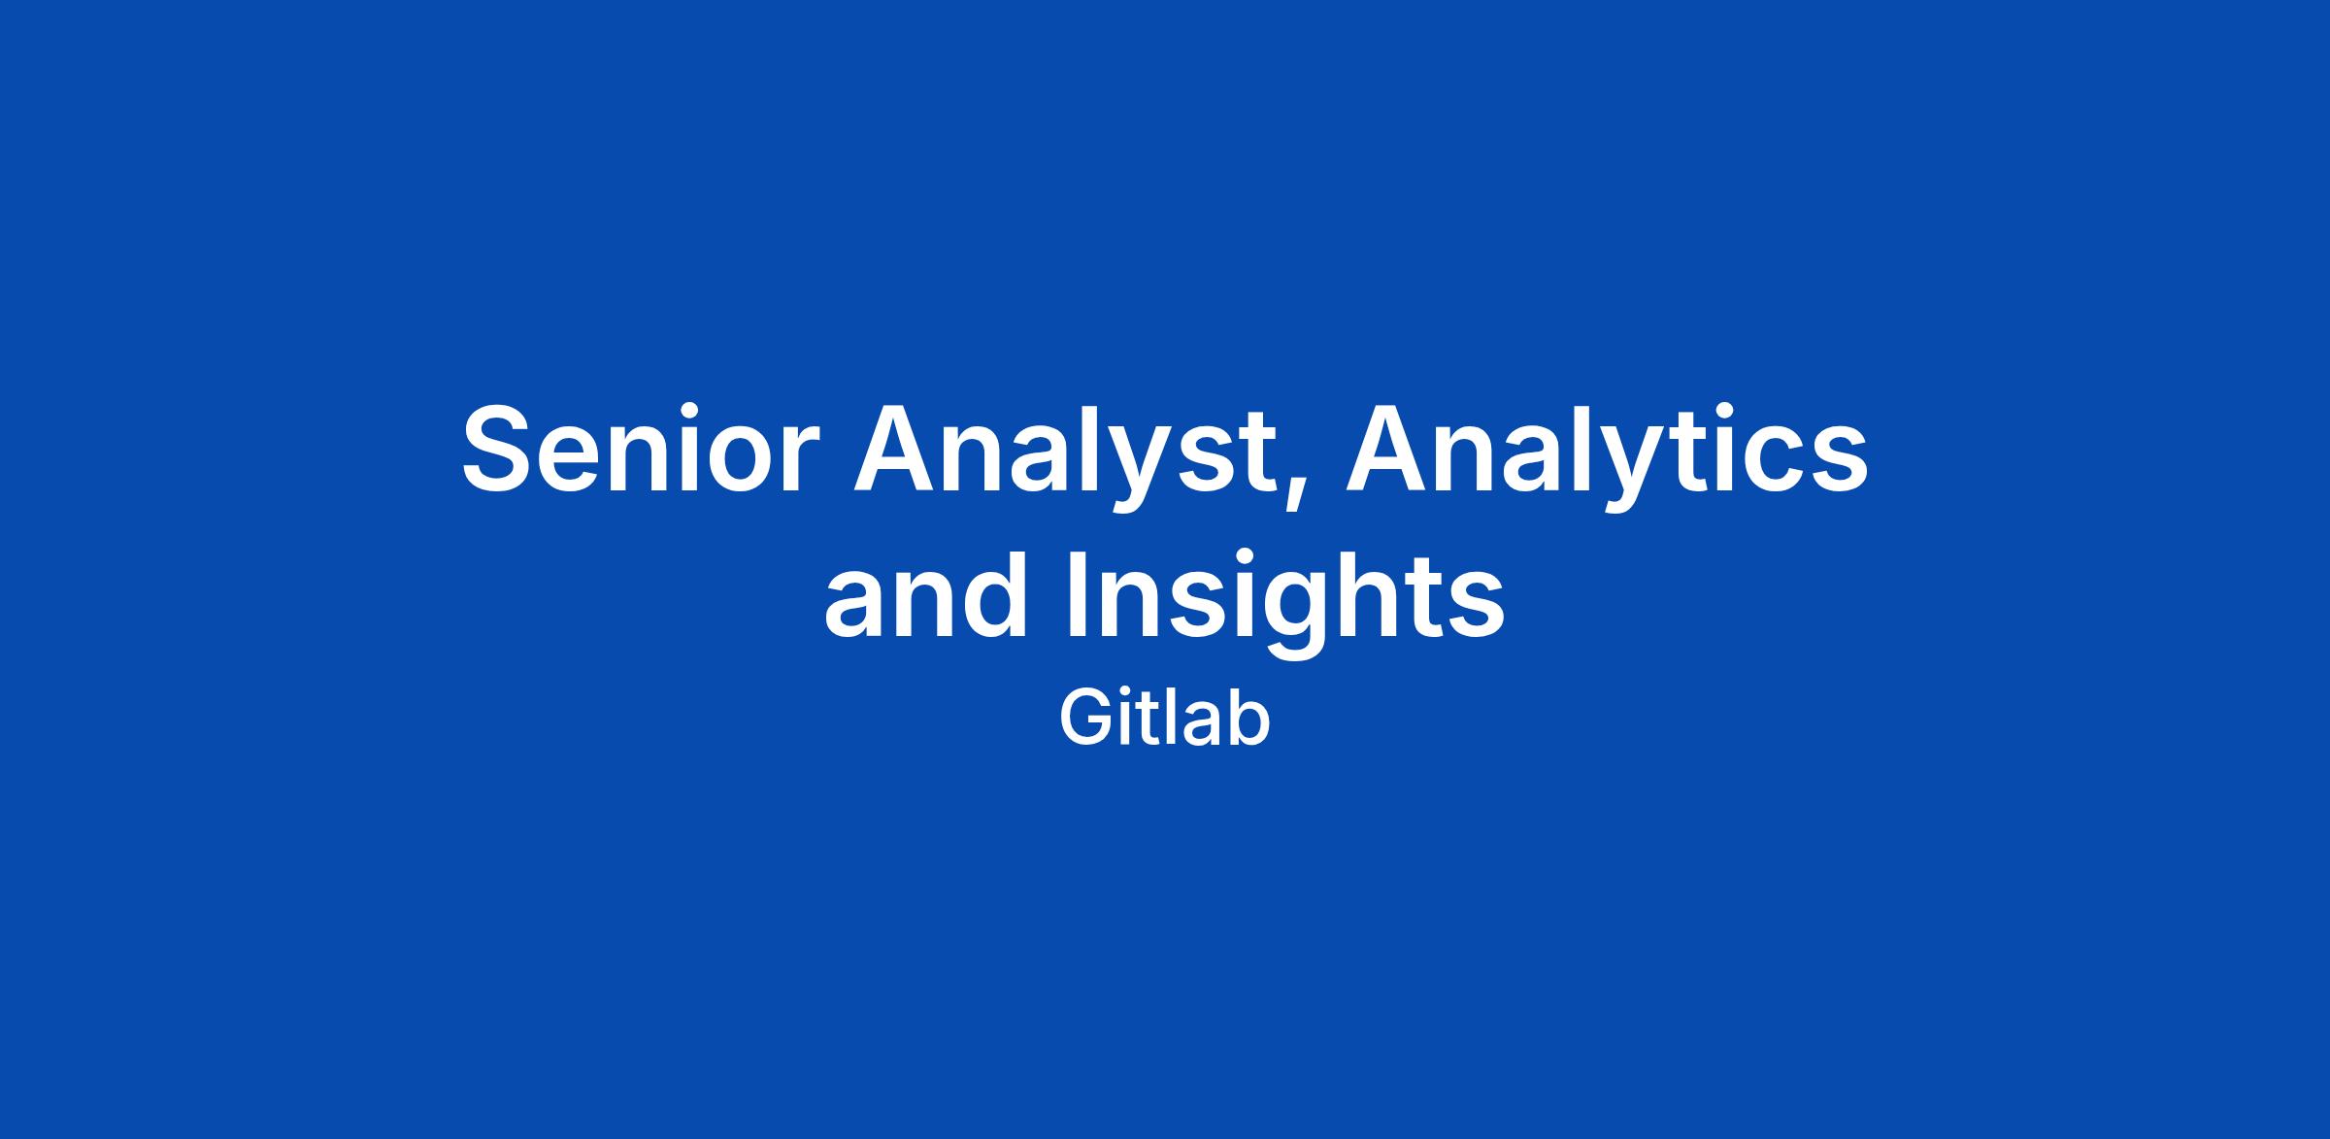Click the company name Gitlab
pos(1165,720)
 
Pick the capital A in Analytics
pos(1393,449)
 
